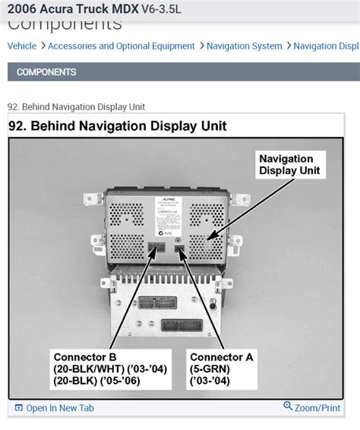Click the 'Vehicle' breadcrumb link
click(22, 46)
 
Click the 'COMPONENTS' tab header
click(46, 72)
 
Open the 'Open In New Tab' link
click(59, 408)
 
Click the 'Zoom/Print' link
click(318, 408)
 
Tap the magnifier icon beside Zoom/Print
click(288, 407)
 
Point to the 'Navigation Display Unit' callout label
click(286, 165)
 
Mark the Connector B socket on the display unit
click(156, 248)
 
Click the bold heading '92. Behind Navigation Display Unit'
click(118, 126)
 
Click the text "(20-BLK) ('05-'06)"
click(109, 381)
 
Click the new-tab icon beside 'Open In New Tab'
click(19, 408)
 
